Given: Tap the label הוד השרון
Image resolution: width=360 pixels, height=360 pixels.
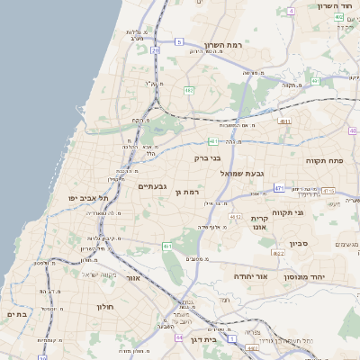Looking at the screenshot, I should [x=337, y=5].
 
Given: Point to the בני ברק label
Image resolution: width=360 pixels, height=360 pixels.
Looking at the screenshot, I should [x=207, y=157].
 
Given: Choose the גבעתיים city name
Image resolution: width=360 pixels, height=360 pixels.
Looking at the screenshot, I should [x=151, y=187].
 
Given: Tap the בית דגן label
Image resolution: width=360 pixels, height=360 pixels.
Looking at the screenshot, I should [x=204, y=340].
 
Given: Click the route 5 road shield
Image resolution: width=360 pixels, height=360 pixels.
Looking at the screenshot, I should [x=179, y=42].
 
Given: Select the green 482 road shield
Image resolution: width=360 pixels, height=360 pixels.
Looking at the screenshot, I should [x=189, y=90].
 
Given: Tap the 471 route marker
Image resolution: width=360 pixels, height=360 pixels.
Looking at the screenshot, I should [x=279, y=188].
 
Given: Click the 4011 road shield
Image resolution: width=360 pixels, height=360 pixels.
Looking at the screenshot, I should [x=285, y=120].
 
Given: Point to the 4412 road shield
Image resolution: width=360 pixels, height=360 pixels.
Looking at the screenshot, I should [x=236, y=217].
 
